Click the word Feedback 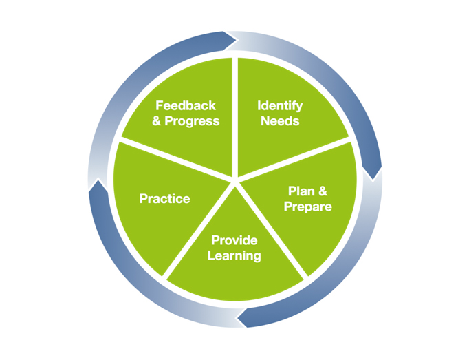click(x=186, y=105)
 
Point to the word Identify click(x=280, y=106)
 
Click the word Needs click(x=280, y=121)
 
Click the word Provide click(x=235, y=240)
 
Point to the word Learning click(x=235, y=255)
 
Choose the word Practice click(x=164, y=199)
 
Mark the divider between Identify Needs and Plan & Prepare click(x=296, y=160)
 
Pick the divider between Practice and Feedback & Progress click(x=175, y=160)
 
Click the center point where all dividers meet click(x=235, y=180)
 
